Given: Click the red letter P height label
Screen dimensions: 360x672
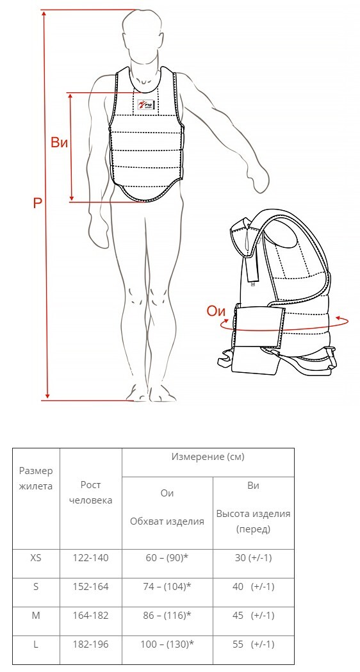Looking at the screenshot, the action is coord(38,202).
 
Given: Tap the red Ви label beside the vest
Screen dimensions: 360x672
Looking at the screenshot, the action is coord(59,142).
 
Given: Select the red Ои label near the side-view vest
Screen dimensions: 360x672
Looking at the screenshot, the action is coord(216,311).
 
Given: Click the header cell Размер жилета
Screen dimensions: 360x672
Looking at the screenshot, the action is coord(36,479).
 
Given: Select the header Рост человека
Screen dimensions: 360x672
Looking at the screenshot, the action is coord(90,493).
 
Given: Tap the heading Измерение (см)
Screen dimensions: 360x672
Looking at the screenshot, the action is coord(208,457).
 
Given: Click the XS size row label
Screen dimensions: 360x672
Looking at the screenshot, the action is coord(36,558).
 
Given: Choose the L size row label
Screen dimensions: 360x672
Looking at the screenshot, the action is coord(36,644).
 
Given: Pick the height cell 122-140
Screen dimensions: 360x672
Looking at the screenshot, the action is coord(91,558).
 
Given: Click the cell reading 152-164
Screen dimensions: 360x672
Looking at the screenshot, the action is coord(91,587).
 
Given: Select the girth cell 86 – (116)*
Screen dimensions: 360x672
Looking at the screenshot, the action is coord(167,616).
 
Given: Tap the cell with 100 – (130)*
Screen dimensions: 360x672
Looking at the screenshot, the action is coord(167,644).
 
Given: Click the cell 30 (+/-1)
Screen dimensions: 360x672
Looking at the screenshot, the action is coord(253,558).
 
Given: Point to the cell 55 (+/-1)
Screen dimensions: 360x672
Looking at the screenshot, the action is coord(253,644).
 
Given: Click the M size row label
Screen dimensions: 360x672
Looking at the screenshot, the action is coord(36,616).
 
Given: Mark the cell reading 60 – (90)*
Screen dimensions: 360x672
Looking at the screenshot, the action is coord(167,558).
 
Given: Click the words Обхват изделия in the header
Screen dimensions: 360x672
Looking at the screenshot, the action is coord(167,521).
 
